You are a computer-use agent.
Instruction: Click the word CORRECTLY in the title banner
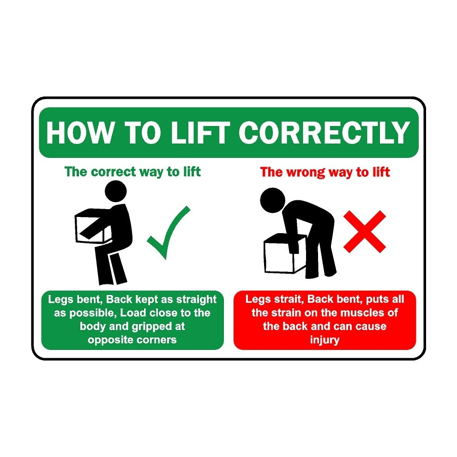point(324,132)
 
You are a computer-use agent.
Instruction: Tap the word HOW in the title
point(79,132)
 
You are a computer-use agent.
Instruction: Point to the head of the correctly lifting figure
point(115,191)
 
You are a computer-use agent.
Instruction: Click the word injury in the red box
point(325,340)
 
